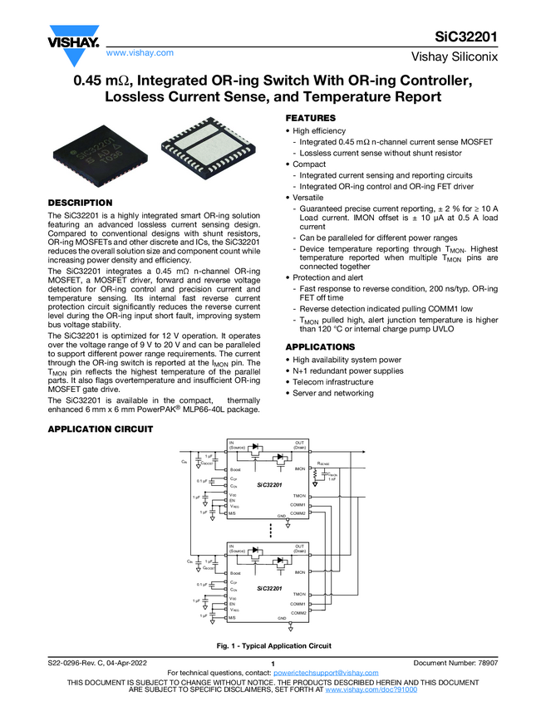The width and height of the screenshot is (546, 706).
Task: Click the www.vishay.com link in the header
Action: (x=140, y=52)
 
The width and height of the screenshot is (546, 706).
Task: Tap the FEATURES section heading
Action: (x=311, y=119)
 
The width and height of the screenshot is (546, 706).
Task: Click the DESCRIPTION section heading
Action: (x=80, y=203)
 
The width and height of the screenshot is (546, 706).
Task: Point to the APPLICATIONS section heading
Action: (x=320, y=346)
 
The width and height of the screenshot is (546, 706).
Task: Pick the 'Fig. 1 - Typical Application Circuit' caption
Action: (x=273, y=645)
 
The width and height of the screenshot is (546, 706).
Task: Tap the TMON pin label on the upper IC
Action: (x=299, y=495)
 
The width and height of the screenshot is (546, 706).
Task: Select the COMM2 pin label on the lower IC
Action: (x=298, y=612)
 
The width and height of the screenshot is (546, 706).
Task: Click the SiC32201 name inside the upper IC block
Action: (x=268, y=484)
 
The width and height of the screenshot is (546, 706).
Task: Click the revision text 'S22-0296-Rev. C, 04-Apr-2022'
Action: (x=103, y=662)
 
